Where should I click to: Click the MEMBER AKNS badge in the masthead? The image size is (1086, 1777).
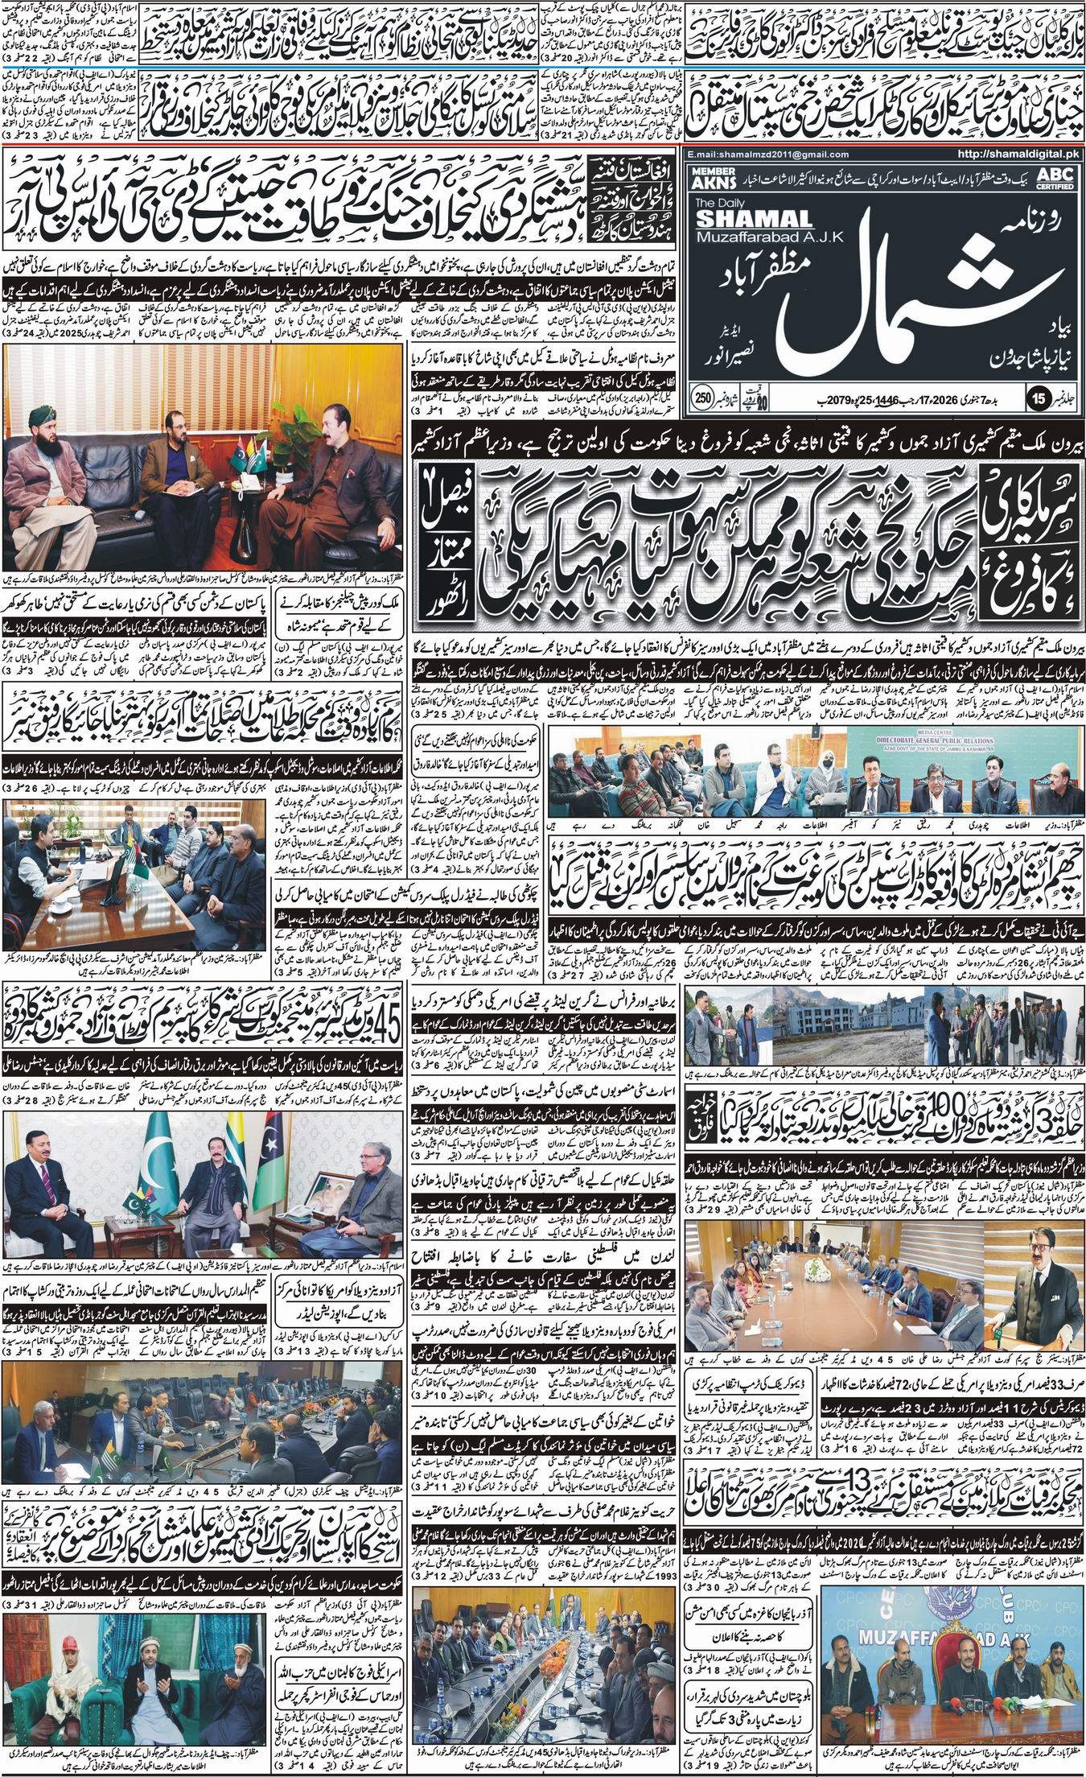tap(709, 177)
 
